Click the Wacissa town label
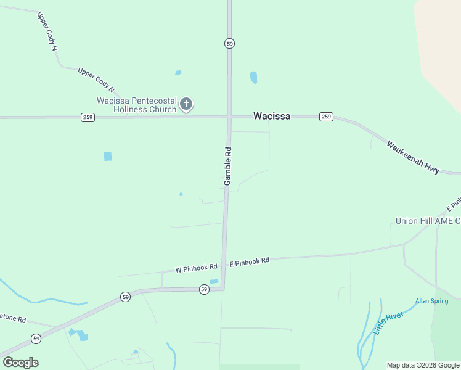point(272,116)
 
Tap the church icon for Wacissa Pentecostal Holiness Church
point(186,104)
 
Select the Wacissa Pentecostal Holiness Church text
point(136,105)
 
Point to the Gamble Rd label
point(227,166)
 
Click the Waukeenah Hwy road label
point(413,157)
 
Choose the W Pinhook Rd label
point(197,268)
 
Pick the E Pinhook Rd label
point(249,261)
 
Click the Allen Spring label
point(431,301)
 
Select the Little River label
point(387,323)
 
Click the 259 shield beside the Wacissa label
point(326,117)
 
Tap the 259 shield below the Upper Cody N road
point(88,117)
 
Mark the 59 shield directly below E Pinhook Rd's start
point(204,289)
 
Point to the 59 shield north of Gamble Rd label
point(229,44)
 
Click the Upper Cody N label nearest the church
point(96,80)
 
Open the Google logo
point(20,363)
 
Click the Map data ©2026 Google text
point(422,365)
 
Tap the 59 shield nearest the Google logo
point(36,339)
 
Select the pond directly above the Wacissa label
point(253,77)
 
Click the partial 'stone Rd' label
point(13,319)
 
